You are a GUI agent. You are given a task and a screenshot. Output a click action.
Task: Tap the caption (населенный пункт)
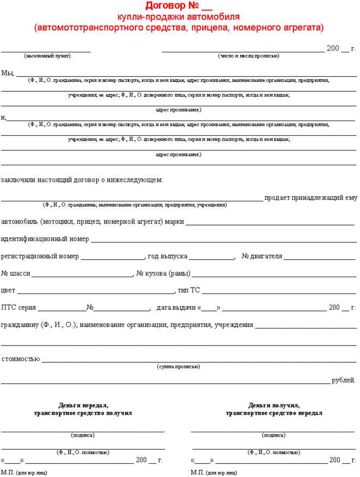(x=48, y=56)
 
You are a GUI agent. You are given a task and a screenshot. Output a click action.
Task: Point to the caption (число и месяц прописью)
(x=249, y=56)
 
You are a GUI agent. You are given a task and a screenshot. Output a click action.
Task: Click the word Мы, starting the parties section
(x=8, y=73)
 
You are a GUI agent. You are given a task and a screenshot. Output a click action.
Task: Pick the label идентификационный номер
(x=45, y=239)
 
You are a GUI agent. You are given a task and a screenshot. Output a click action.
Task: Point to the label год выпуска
(x=167, y=256)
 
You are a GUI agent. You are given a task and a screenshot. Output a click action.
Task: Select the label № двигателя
(x=262, y=256)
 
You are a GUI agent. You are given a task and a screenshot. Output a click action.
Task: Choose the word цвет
(x=8, y=290)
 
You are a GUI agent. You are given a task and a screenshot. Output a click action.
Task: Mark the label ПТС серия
(x=19, y=307)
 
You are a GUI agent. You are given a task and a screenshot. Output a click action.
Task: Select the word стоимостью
(x=20, y=359)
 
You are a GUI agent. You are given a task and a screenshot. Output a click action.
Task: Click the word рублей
(x=344, y=380)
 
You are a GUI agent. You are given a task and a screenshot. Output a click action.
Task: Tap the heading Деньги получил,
(x=274, y=406)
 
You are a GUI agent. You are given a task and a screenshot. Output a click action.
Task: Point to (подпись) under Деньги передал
(x=82, y=435)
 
